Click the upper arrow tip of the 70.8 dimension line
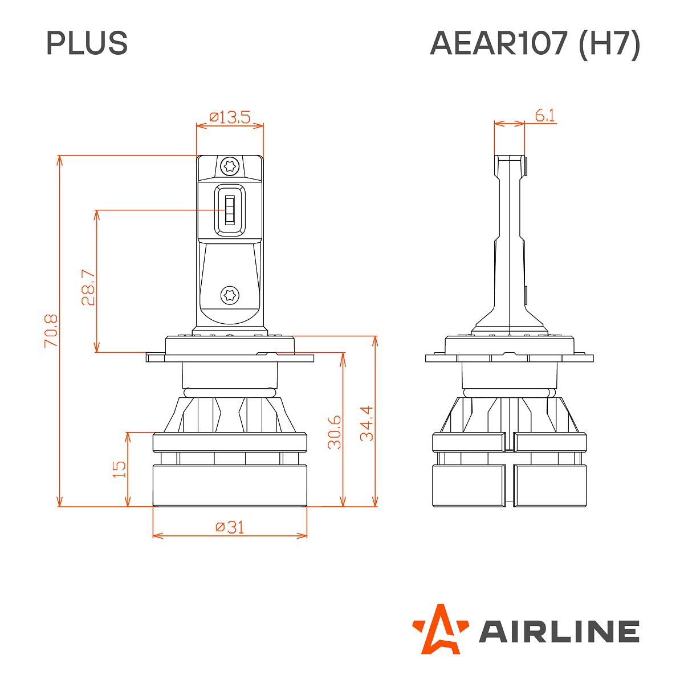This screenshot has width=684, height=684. point(60,156)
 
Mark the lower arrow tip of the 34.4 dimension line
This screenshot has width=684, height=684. point(375,506)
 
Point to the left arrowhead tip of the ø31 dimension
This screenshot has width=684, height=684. point(153,536)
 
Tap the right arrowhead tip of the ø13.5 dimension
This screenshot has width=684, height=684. point(263,125)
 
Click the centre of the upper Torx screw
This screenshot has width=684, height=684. point(230,166)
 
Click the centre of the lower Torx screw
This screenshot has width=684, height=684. point(230,295)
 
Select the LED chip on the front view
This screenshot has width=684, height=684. point(230,210)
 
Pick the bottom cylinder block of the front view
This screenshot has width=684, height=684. point(230,486)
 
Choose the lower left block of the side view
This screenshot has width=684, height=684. point(469,486)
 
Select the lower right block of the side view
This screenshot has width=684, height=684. point(550,486)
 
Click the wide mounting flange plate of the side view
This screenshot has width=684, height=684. point(510,358)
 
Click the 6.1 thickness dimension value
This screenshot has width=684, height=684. point(545,115)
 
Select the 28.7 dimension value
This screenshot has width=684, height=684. point(88,287)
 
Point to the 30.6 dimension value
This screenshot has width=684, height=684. point(334,432)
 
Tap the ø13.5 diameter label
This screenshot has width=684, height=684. point(230,117)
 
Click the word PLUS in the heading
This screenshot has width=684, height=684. point(87,43)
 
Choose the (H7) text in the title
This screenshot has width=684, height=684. point(609,44)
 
